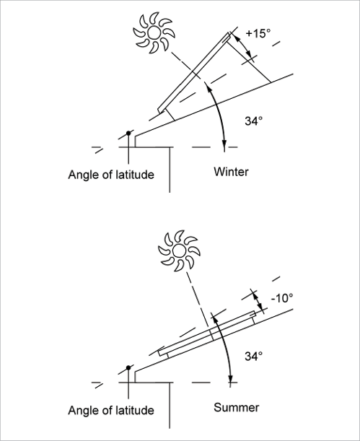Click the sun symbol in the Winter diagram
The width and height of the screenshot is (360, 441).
click(x=154, y=33)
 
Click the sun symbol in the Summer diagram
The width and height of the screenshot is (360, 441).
click(x=179, y=251)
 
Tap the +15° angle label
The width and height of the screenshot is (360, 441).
click(x=258, y=33)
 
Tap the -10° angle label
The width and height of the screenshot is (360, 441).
click(x=282, y=298)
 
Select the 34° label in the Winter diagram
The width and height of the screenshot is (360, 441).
click(x=253, y=121)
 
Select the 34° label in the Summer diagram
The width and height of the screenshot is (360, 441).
click(x=253, y=357)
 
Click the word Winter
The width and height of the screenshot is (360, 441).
click(x=231, y=172)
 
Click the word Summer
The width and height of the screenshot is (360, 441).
click(x=237, y=407)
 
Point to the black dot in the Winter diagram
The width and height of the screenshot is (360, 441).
click(x=128, y=133)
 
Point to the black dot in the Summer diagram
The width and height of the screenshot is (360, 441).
click(x=128, y=368)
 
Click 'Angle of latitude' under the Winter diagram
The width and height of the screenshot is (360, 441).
click(x=111, y=175)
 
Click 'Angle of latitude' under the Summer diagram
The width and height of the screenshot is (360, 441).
click(x=111, y=411)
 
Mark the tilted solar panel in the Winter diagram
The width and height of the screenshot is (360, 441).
click(x=194, y=73)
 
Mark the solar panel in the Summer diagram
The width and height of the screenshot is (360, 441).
click(x=207, y=333)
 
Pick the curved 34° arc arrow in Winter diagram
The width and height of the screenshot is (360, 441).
click(x=219, y=113)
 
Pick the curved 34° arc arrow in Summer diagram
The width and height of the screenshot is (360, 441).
click(x=225, y=349)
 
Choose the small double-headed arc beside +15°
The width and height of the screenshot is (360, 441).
click(x=243, y=45)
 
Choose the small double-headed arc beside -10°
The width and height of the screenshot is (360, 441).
click(x=258, y=301)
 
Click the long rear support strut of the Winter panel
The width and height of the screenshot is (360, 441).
click(x=249, y=62)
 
